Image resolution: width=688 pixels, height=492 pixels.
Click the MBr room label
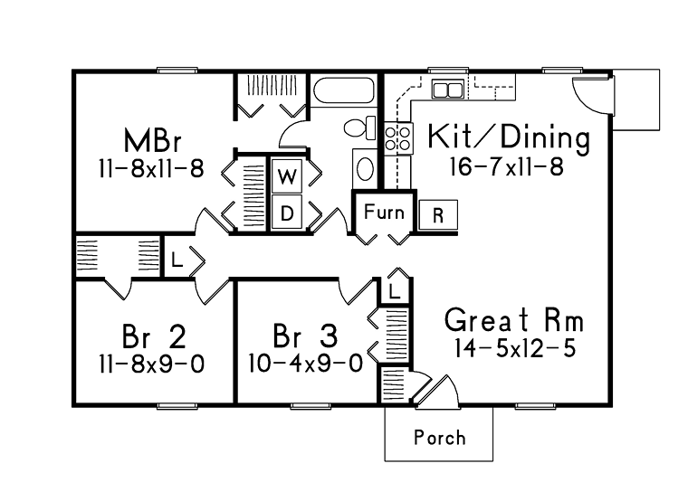click(x=153, y=140)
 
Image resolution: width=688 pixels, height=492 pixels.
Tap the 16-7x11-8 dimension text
click(x=507, y=167)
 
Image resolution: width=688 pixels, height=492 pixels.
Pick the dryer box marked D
click(x=287, y=213)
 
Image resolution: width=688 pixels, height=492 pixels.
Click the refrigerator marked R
click(x=438, y=215)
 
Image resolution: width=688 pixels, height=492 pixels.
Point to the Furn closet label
click(x=384, y=213)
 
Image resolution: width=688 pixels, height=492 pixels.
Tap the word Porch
click(x=440, y=438)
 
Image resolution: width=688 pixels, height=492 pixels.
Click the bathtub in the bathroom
click(x=344, y=90)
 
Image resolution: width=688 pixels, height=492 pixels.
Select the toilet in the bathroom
click(x=359, y=128)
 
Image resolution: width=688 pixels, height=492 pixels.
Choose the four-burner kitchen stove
click(x=398, y=138)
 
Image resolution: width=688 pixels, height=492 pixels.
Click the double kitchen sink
click(x=447, y=90)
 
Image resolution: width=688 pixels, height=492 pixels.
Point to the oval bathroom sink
click(x=365, y=169)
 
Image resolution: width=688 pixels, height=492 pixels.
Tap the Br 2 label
click(x=154, y=336)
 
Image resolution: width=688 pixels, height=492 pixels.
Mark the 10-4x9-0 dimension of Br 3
click(x=306, y=364)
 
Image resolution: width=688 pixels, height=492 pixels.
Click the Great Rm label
click(x=514, y=320)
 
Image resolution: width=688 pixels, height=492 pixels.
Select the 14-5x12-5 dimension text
click(x=514, y=348)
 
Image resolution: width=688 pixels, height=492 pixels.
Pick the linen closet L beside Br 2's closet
click(x=177, y=260)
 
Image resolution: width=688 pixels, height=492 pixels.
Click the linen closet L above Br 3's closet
click(x=395, y=291)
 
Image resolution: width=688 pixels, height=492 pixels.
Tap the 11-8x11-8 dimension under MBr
click(x=151, y=168)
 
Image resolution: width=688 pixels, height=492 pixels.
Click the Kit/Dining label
click(x=509, y=137)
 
